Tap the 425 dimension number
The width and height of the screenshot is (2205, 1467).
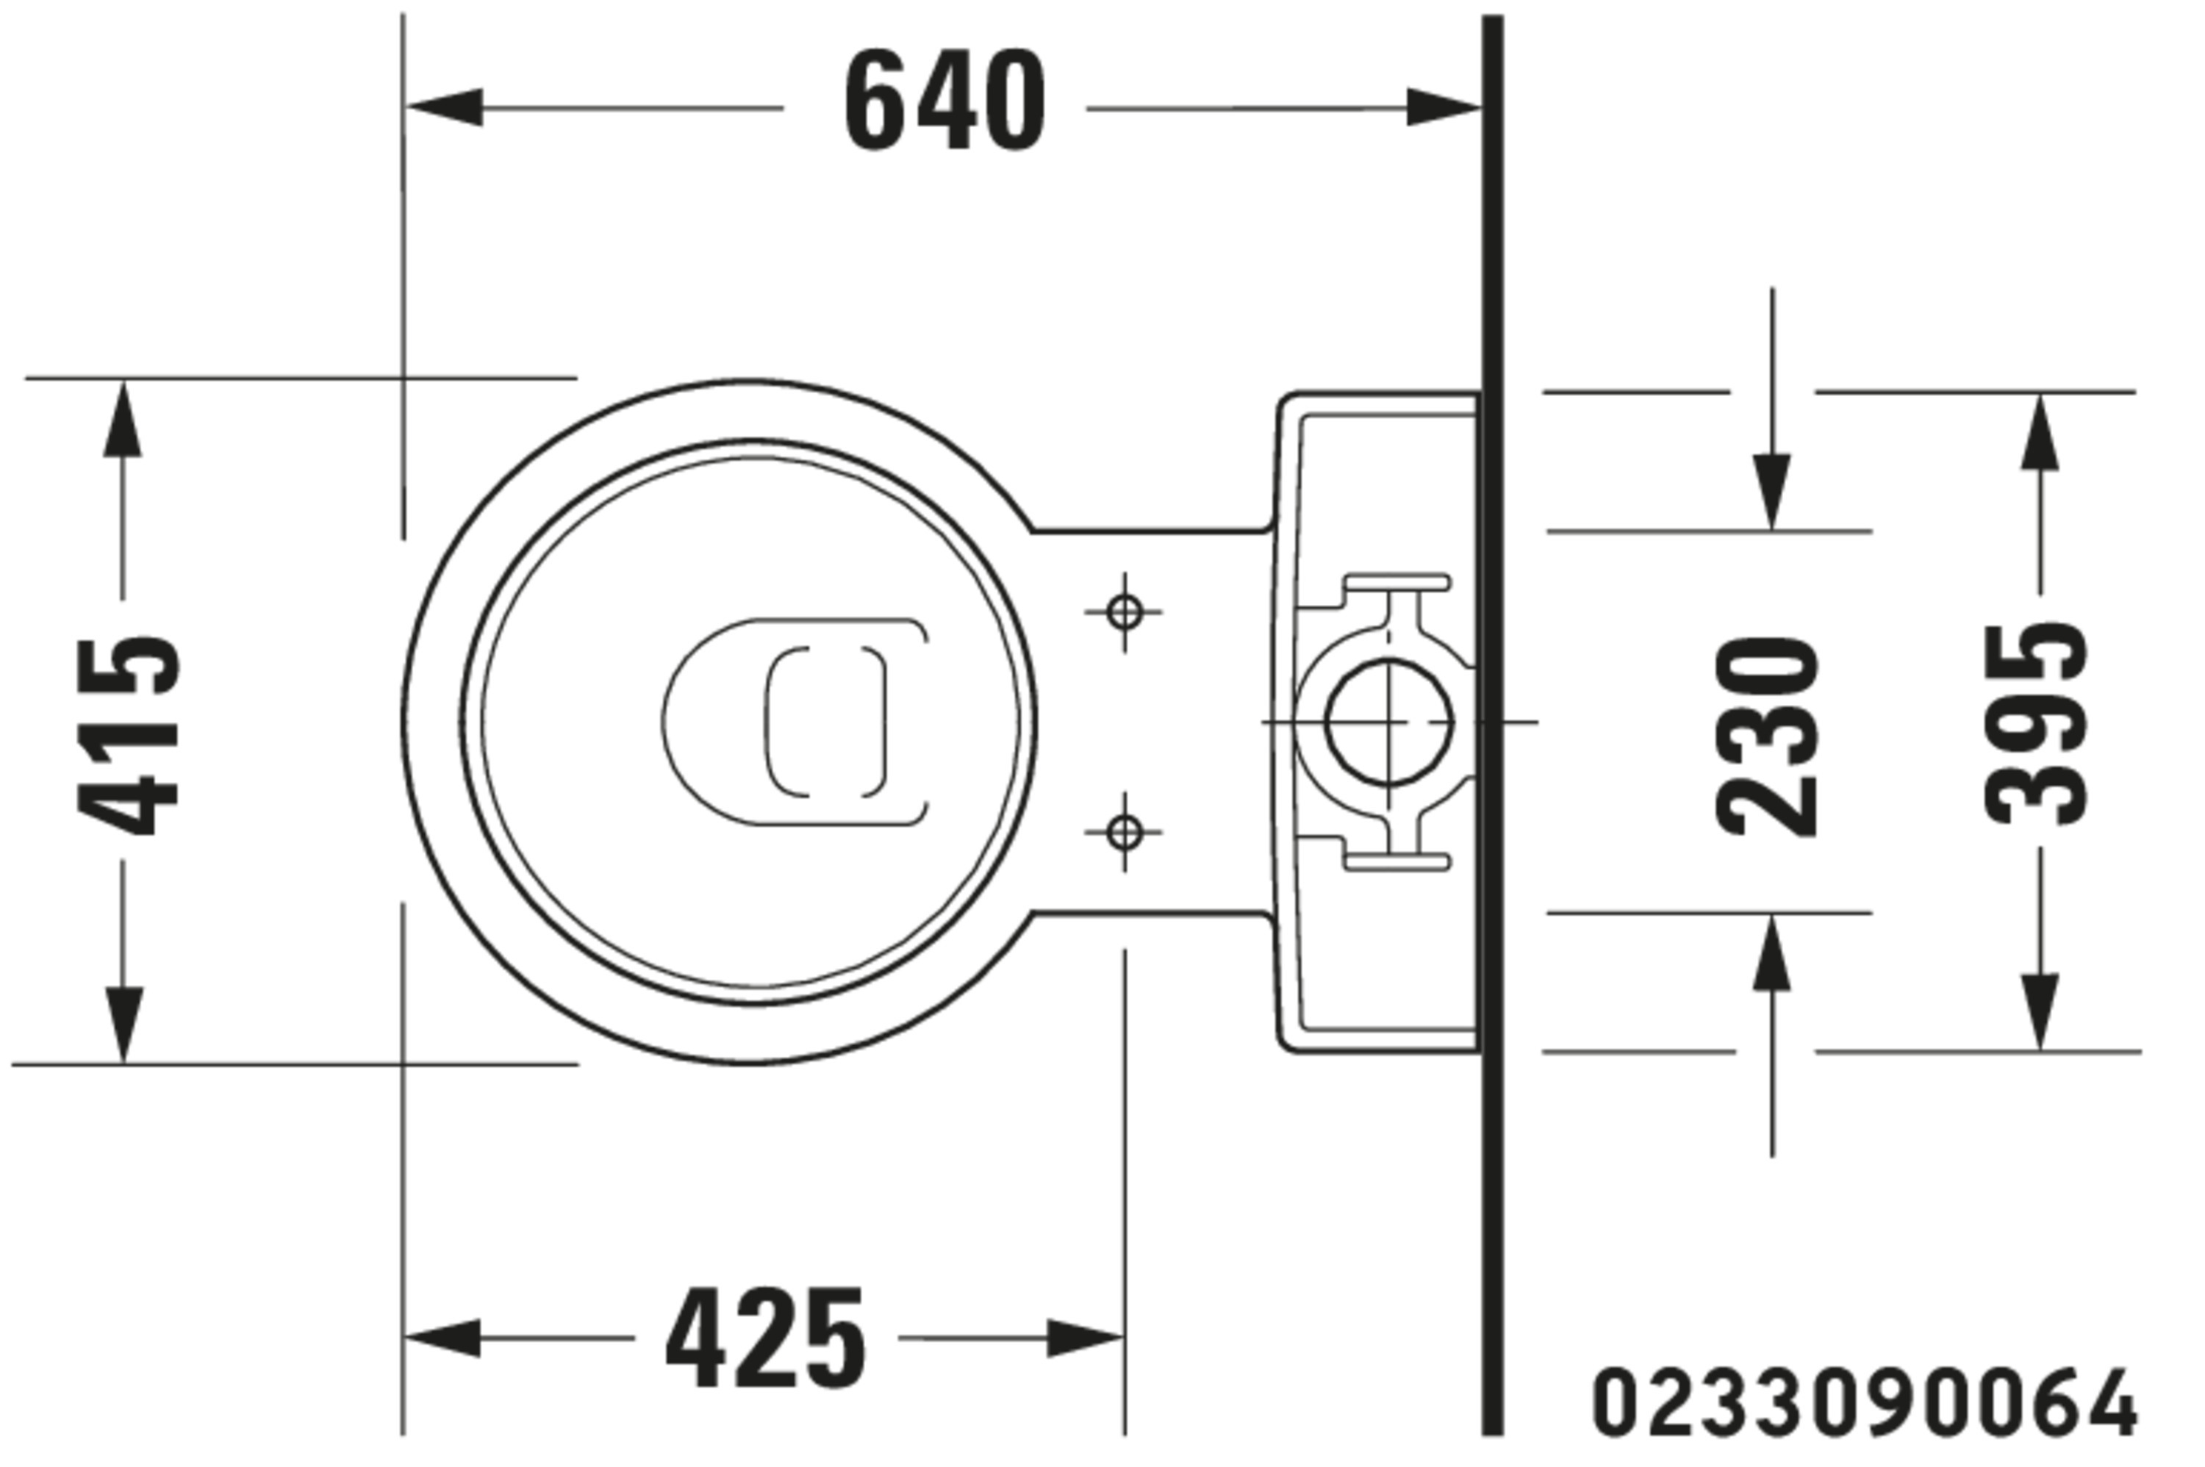pos(765,1338)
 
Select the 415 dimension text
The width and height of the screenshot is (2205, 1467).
pos(127,736)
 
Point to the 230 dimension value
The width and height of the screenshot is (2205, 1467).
pos(1767,736)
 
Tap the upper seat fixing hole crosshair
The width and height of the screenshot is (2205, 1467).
pos(1124,613)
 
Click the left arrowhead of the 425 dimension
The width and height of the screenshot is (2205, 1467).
pos(442,1338)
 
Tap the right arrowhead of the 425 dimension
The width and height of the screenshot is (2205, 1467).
pos(1085,1338)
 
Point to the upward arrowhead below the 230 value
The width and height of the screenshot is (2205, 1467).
pos(1771,953)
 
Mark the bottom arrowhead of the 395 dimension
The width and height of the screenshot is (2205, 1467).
pos(2040,1011)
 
